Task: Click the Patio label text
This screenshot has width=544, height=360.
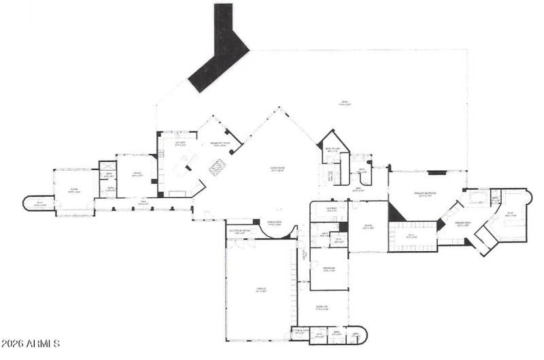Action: pyautogui.click(x=345, y=103)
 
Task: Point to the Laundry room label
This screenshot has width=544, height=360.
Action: pyautogui.click(x=328, y=210)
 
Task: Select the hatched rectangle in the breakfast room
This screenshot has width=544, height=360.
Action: pyautogui.click(x=217, y=167)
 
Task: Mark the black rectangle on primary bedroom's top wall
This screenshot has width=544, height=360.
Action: pyautogui.click(x=436, y=172)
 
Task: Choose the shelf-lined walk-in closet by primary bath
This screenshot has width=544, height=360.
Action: pyautogui.click(x=413, y=237)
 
